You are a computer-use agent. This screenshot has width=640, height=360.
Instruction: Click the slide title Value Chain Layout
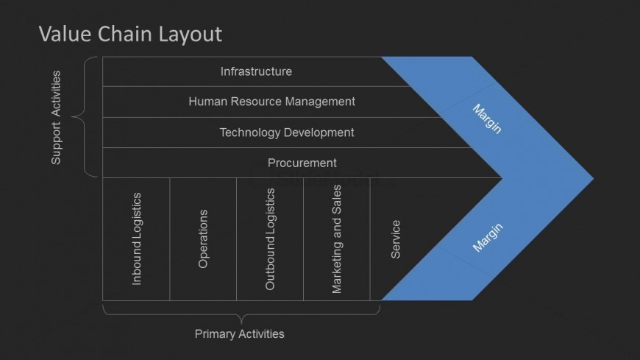coord(129,34)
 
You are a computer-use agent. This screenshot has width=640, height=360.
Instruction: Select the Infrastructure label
coord(256,71)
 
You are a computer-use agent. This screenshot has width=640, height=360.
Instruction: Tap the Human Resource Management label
coord(271,102)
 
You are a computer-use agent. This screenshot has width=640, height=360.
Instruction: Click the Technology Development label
coord(287,133)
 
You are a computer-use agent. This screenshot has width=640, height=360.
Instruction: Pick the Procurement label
coord(302,163)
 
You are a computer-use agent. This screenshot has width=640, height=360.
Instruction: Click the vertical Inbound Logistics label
coord(136,239)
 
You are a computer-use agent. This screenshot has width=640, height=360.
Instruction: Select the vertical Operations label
coord(203,239)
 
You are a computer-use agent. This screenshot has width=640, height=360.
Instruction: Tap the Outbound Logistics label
coord(270,239)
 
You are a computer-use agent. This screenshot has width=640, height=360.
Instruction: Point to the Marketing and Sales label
coord(337,239)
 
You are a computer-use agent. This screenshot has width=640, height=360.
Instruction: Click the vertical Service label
coord(396,239)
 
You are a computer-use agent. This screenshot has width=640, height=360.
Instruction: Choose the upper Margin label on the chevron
coord(487,119)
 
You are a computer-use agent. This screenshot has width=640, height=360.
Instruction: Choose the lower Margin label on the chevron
coord(488,238)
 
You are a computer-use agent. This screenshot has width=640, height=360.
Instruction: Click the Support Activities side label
coord(56,118)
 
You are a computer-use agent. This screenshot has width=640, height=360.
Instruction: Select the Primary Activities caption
coord(239,334)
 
